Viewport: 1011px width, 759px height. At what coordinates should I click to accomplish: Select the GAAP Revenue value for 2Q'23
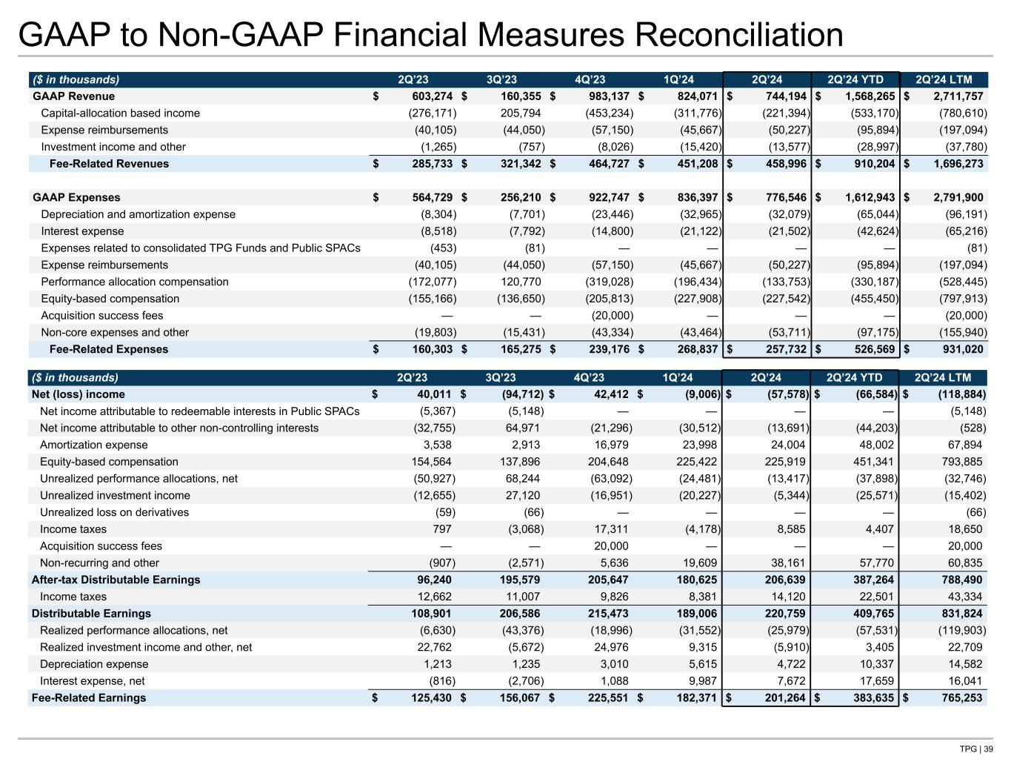point(425,96)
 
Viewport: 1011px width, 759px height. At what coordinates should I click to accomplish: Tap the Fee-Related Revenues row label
point(109,164)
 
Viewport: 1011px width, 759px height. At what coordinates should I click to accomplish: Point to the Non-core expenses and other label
point(115,333)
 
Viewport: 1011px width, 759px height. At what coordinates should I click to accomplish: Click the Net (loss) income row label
point(79,394)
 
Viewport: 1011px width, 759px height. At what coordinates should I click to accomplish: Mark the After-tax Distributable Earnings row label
point(116,580)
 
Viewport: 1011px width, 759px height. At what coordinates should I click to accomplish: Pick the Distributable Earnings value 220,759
point(781,614)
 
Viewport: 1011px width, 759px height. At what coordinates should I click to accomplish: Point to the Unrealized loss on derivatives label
point(114,512)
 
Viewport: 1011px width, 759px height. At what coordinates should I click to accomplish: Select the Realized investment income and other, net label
point(146,647)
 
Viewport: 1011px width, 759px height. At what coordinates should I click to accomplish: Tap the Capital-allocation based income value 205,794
point(515,113)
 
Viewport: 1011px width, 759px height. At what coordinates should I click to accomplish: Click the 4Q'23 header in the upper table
point(590,80)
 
